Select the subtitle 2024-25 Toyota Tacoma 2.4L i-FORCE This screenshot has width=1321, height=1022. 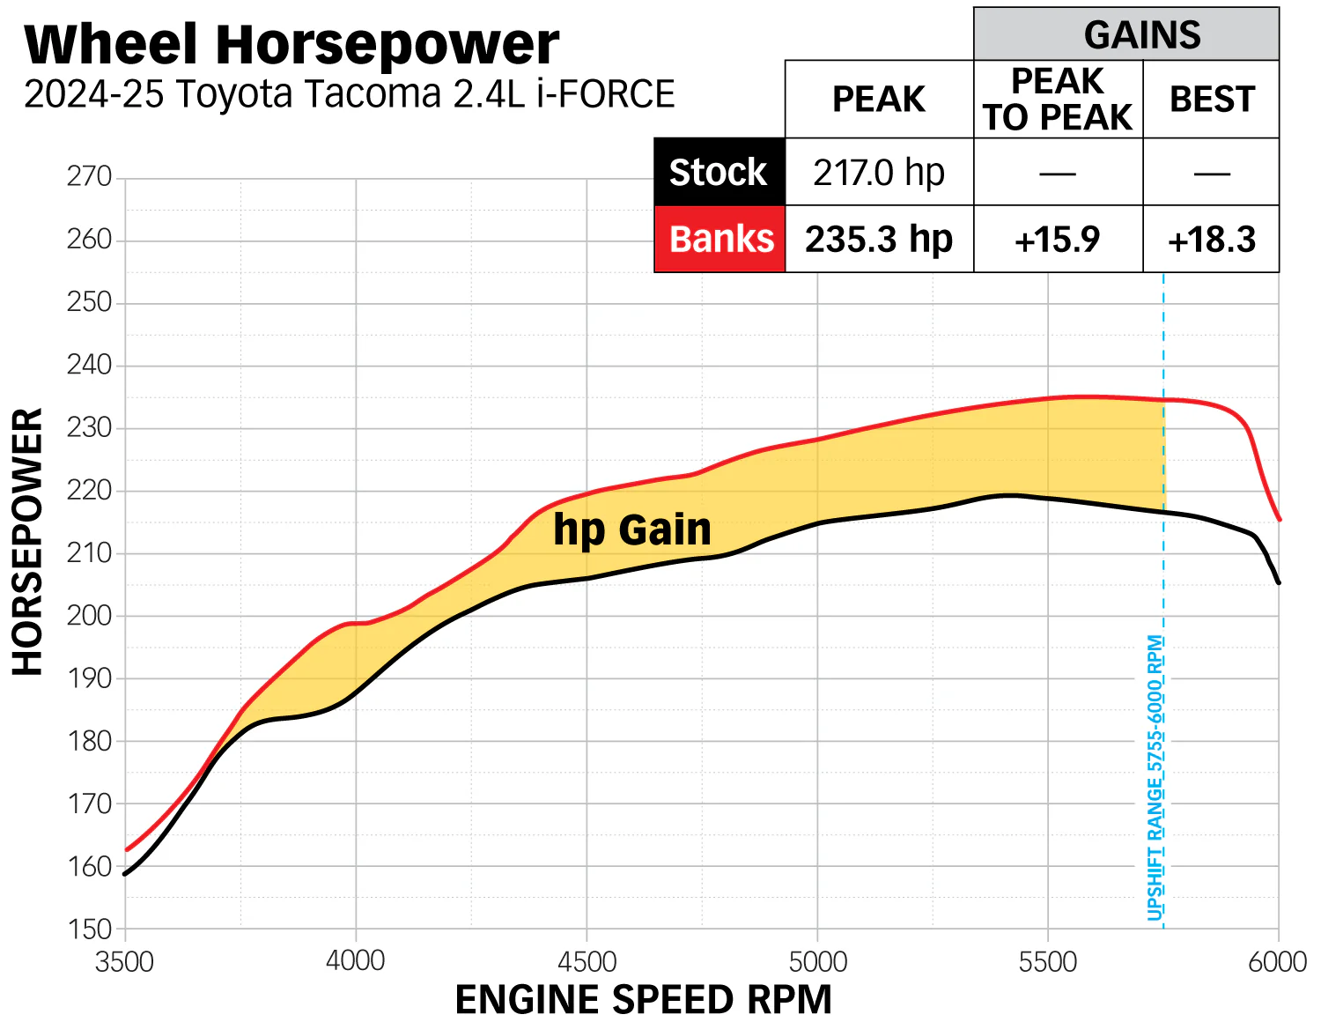pyautogui.click(x=349, y=94)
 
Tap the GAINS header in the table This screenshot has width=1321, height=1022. pyautogui.click(x=1141, y=35)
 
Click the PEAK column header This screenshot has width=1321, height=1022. pyautogui.click(x=878, y=100)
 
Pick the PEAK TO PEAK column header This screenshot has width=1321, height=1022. pyautogui.click(x=1057, y=100)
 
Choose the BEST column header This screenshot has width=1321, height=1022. pyautogui.click(x=1211, y=100)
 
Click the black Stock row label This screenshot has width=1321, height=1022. pyautogui.click(x=719, y=173)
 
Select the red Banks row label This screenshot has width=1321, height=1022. pyautogui.click(x=720, y=239)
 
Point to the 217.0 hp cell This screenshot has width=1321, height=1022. pyautogui.click(x=878, y=173)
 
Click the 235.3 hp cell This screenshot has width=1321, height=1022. pyautogui.click(x=878, y=239)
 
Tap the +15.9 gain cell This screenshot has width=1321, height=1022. pyautogui.click(x=1057, y=240)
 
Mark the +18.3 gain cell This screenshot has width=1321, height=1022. pyautogui.click(x=1211, y=240)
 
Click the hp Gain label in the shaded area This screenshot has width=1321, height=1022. pyautogui.click(x=631, y=530)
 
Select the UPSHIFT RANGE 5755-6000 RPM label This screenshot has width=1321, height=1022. pyautogui.click(x=1155, y=777)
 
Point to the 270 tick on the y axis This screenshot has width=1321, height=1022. pyautogui.click(x=89, y=177)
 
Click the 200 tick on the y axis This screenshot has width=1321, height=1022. pyautogui.click(x=89, y=616)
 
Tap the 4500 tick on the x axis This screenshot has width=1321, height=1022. pyautogui.click(x=587, y=961)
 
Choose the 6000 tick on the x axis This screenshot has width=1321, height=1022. pyautogui.click(x=1277, y=961)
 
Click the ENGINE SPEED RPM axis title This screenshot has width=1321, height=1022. pyautogui.click(x=643, y=1000)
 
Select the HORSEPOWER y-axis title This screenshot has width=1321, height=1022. pyautogui.click(x=28, y=541)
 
